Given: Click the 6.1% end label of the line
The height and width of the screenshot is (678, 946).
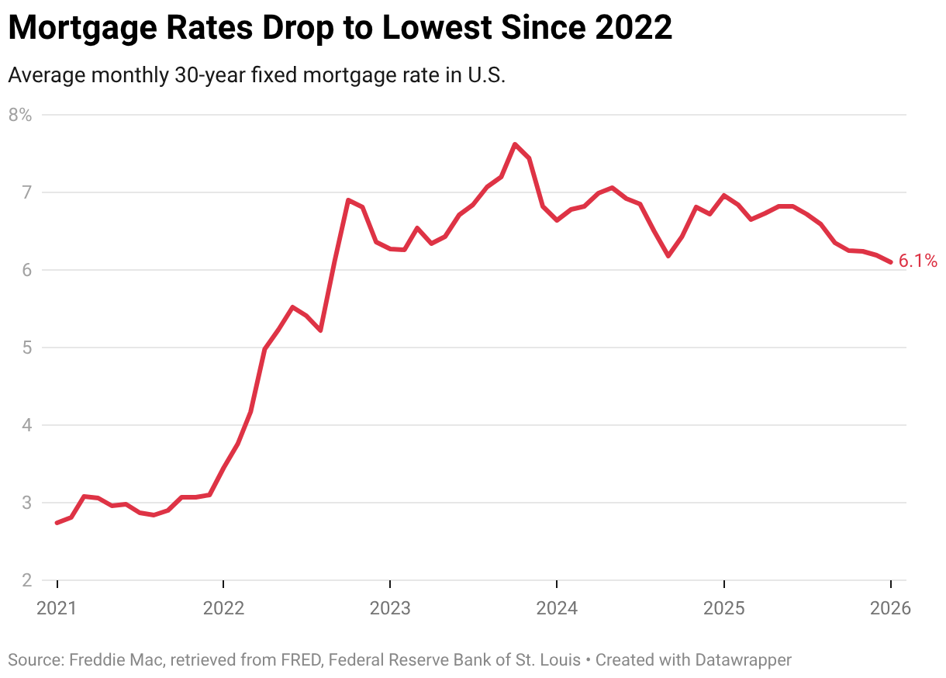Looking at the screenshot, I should point(917,261).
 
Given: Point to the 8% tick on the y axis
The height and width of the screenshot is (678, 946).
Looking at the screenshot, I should point(20,115).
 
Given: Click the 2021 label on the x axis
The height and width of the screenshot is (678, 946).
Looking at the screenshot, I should point(57,607).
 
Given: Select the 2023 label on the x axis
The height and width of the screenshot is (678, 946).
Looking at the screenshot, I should point(390,607).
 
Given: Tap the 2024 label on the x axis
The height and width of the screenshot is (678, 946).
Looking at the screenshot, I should point(557,607).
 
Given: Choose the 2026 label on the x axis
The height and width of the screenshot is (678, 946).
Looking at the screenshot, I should point(890,607).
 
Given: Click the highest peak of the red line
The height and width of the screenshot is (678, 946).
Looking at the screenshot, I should point(515,144).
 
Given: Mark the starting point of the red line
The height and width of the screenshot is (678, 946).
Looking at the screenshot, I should point(57,523).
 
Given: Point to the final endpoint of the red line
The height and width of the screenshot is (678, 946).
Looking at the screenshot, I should point(890,262).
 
